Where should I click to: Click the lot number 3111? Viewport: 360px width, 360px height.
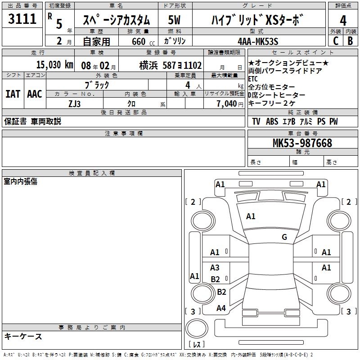(22, 19)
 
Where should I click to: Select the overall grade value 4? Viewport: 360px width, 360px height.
(343, 21)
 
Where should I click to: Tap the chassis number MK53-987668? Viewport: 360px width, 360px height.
(302, 143)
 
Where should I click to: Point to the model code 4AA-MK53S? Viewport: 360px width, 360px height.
(258, 41)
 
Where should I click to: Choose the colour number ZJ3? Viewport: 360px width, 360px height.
(74, 103)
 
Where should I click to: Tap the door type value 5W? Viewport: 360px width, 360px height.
(175, 20)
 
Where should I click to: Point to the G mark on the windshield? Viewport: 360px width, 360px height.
(284, 237)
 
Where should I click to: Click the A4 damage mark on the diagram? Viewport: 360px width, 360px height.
(221, 308)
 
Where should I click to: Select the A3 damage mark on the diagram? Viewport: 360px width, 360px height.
(215, 268)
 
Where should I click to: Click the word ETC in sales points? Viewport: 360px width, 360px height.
(253, 79)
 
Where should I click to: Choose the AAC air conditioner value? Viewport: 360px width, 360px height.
(35, 94)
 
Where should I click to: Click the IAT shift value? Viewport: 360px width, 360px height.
(13, 94)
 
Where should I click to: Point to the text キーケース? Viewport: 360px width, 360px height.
(23, 337)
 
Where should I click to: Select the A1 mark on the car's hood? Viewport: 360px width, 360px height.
(251, 216)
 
